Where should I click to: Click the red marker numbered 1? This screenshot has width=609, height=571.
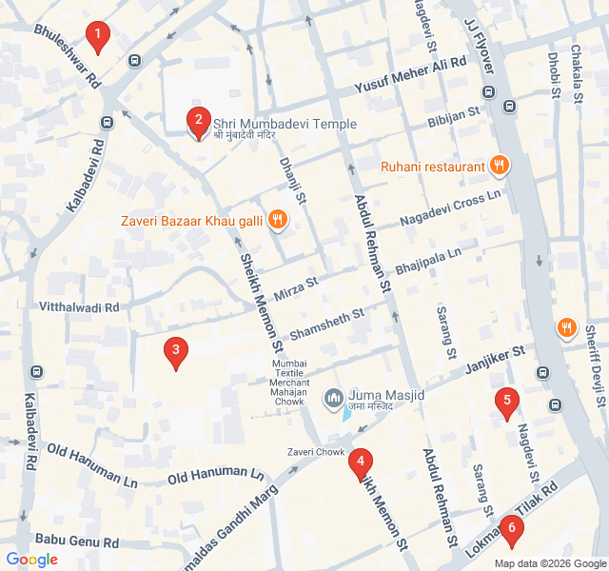click(x=96, y=36)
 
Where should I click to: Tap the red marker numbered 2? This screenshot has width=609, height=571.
click(x=198, y=121)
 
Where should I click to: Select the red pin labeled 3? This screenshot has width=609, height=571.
click(x=175, y=352)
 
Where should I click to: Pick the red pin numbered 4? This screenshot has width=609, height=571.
click(x=359, y=463)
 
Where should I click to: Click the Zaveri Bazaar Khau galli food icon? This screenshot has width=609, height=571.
click(x=278, y=221)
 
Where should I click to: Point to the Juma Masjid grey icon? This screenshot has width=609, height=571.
click(x=334, y=398)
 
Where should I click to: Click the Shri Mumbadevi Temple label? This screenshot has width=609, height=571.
click(x=285, y=124)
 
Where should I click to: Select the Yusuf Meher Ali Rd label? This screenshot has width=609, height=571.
click(x=410, y=75)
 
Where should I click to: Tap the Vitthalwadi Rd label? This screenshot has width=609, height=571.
click(x=79, y=307)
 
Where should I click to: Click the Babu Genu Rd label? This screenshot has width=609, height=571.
click(x=76, y=541)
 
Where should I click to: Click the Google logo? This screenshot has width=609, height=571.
click(x=31, y=560)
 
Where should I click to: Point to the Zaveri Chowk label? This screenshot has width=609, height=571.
click(x=317, y=452)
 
